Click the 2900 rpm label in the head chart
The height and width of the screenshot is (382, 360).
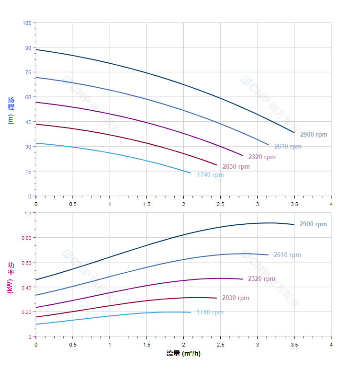[x=314, y=135]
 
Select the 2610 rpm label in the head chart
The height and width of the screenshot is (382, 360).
[x=288, y=146]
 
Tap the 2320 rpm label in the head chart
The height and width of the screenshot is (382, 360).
[x=262, y=157]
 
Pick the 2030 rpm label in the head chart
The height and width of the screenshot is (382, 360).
[x=236, y=167]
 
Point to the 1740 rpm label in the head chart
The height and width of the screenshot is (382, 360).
[x=210, y=175]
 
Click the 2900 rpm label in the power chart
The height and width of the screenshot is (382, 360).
[x=313, y=224]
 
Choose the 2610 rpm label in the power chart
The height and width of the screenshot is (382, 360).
[x=287, y=255]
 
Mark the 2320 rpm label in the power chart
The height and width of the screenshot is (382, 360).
[x=261, y=279]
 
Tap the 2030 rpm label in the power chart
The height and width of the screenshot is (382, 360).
[x=236, y=298]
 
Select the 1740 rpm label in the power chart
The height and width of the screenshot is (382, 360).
[x=210, y=313]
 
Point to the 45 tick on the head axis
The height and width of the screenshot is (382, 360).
[x=28, y=122]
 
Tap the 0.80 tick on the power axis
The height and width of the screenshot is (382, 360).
[x=26, y=238]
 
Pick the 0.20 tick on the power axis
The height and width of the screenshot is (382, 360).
[x=26, y=312]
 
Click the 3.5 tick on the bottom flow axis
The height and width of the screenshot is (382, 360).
[x=294, y=344]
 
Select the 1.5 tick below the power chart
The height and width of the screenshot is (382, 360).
[x=146, y=344]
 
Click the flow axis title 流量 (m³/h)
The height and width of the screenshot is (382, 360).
[x=183, y=354]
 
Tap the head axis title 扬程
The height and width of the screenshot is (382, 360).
[x=11, y=104]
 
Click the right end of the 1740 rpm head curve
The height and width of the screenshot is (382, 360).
[x=191, y=173]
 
